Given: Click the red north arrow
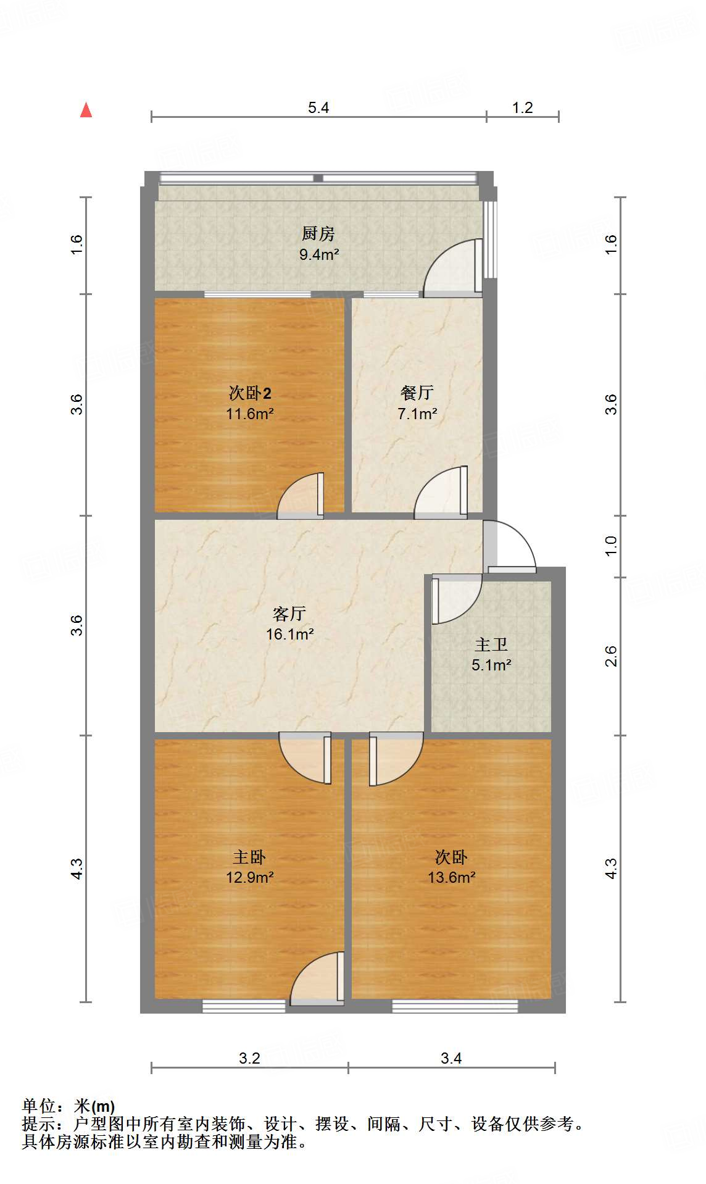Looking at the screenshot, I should point(86,110).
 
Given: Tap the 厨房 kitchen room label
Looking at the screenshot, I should point(318,234).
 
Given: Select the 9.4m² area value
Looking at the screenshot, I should point(319,254).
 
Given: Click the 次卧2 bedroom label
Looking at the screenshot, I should point(249,393).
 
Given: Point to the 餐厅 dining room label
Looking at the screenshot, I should point(417,392).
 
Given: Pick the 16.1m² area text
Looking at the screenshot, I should point(290,634).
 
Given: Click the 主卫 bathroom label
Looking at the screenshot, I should point(491,645).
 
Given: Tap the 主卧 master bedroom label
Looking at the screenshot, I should point(249,857).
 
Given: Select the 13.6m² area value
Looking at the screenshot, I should point(451,877).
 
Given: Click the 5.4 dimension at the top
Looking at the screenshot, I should point(318,108).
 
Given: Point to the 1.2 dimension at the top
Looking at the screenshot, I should point(522,108).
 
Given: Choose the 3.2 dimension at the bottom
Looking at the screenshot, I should point(249,1058).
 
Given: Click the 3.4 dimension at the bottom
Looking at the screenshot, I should point(451,1058).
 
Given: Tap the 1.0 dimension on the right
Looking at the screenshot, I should point(611,545).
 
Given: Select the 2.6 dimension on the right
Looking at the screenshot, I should point(611,656).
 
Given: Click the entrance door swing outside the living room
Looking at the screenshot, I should point(511,544).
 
